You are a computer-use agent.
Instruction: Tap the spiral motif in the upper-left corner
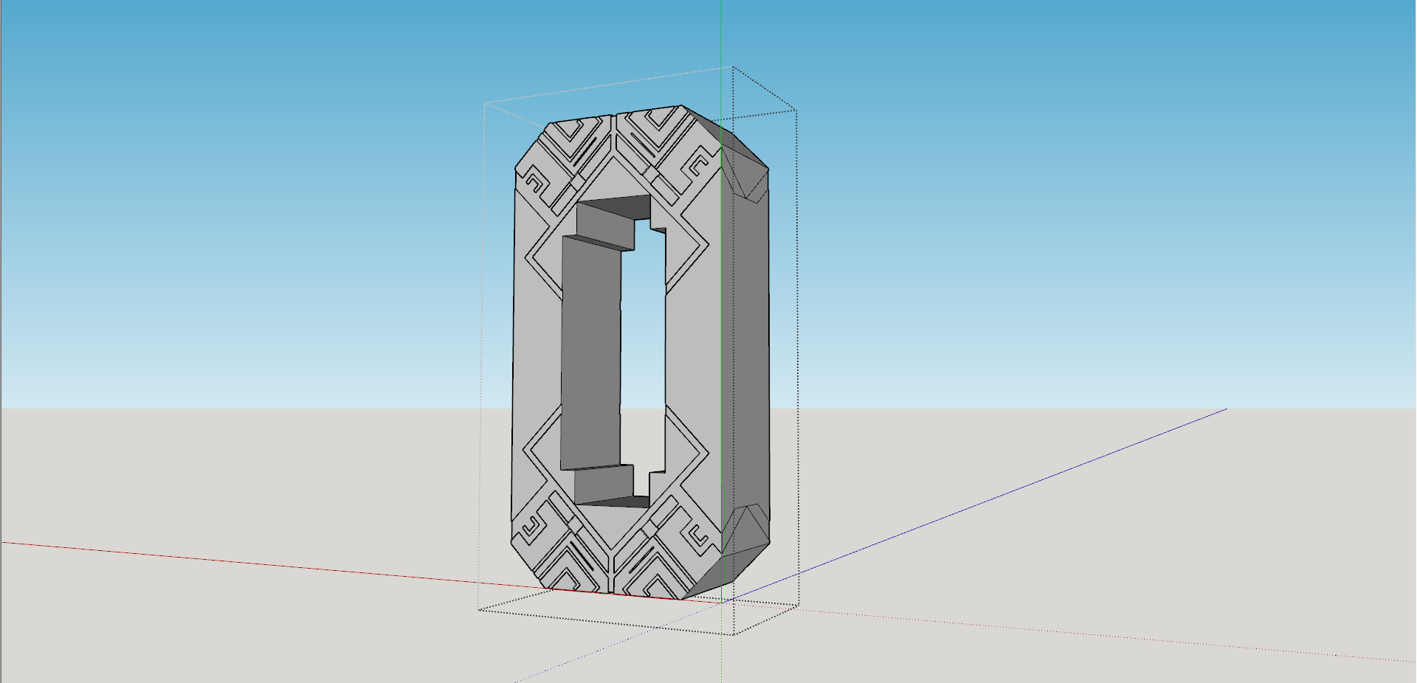[x=533, y=181]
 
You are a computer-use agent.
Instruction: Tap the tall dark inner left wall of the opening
[x=590, y=354]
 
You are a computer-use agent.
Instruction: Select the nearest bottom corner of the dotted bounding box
[x=733, y=634]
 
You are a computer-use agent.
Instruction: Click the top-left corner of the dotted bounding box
[x=484, y=104]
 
